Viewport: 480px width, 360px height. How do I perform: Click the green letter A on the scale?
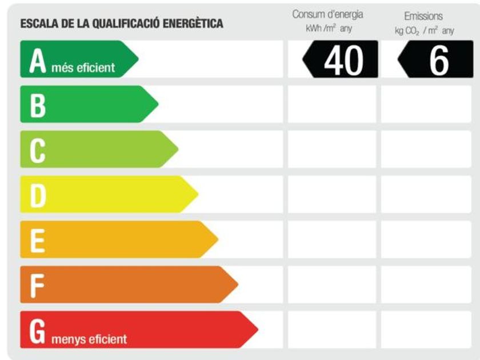pyautogui.click(x=37, y=61)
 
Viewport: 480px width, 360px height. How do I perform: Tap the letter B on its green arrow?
pyautogui.click(x=37, y=105)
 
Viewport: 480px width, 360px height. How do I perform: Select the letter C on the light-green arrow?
pyautogui.click(x=37, y=150)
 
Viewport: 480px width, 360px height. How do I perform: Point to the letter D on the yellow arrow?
pyautogui.click(x=37, y=195)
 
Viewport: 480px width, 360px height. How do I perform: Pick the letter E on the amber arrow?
pyautogui.click(x=37, y=241)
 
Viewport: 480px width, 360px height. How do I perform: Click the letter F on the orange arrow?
pyautogui.click(x=37, y=285)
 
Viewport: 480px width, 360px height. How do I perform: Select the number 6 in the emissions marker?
pyautogui.click(x=438, y=60)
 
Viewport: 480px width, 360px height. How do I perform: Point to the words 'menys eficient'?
pyautogui.click(x=89, y=339)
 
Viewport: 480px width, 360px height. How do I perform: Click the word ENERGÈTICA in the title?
pyautogui.click(x=193, y=24)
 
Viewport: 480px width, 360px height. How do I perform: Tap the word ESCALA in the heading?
pyautogui.click(x=36, y=24)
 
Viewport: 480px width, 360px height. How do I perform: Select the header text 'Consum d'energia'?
pyautogui.click(x=327, y=14)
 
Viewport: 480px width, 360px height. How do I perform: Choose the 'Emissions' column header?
pyautogui.click(x=423, y=17)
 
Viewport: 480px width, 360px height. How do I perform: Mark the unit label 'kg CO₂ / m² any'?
pyautogui.click(x=424, y=31)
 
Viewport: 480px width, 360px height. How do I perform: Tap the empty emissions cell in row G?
pyautogui.click(x=426, y=330)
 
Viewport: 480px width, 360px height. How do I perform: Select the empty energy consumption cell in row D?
pyautogui.click(x=331, y=195)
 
